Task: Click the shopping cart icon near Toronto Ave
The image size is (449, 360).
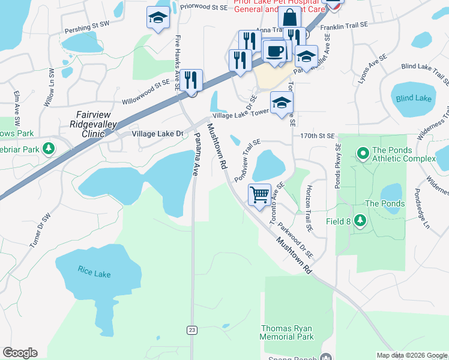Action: tap(259, 194)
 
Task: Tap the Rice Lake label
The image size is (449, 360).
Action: tap(94, 271)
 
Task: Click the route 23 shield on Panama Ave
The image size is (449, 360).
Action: tap(192, 330)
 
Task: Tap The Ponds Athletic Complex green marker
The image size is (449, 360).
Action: tap(362, 154)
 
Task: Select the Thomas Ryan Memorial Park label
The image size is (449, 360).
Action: tap(287, 332)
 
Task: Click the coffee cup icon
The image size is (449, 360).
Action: tap(275, 51)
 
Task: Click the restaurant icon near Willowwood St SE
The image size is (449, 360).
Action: tap(191, 80)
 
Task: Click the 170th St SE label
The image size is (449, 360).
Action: tap(318, 136)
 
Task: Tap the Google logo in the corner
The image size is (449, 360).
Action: tap(20, 353)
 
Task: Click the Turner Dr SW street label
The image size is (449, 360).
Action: tap(40, 230)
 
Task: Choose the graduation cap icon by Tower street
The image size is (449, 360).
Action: tap(282, 103)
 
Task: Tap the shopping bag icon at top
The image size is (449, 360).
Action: tap(290, 17)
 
